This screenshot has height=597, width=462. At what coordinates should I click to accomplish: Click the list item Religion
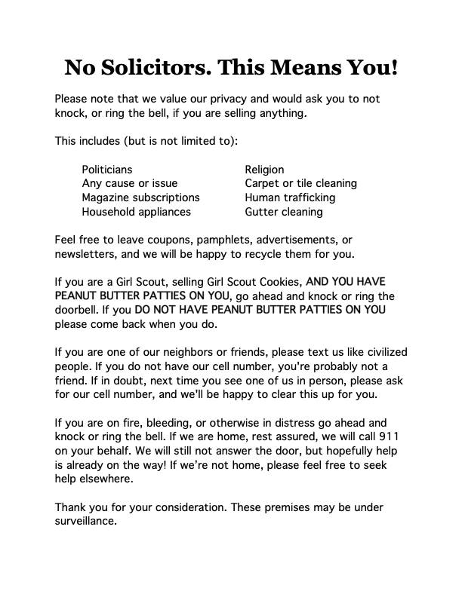(264, 170)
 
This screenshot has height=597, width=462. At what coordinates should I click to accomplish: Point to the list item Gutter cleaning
(283, 212)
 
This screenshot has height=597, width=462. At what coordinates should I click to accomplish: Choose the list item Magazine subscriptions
(140, 197)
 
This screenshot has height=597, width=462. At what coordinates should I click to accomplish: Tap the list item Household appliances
(136, 212)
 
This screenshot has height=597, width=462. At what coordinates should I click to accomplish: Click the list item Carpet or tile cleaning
(300, 183)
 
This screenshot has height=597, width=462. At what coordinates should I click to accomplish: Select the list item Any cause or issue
(129, 183)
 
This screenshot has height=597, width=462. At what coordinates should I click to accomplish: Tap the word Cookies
(278, 282)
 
